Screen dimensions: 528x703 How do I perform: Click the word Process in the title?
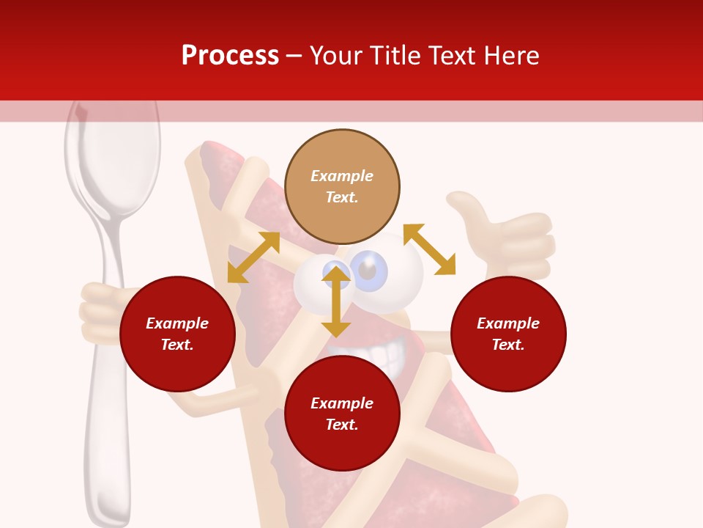click(230, 56)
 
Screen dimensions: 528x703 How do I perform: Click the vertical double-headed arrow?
click(336, 301)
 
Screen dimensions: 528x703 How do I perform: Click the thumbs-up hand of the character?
click(505, 235)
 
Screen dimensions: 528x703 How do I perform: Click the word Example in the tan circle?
click(342, 176)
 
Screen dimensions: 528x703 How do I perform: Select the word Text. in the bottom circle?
click(342, 425)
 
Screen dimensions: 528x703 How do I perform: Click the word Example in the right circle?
click(508, 323)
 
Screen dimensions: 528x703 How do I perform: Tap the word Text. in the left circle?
click(177, 345)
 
